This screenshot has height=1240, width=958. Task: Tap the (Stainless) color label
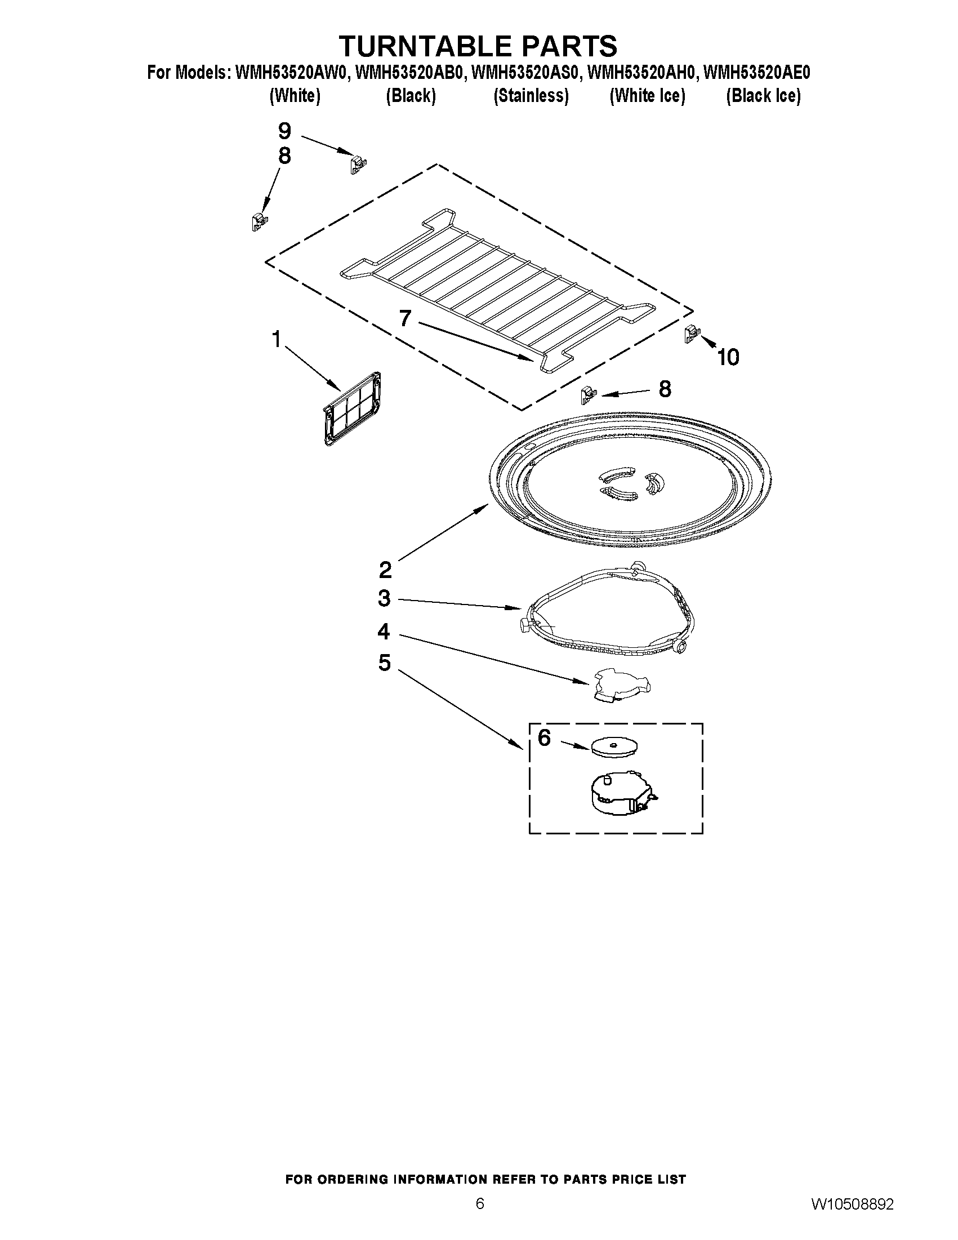tap(531, 96)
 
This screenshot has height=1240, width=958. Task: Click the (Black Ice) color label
tap(763, 96)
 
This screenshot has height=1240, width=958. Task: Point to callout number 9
tap(284, 131)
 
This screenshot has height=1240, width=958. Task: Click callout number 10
tap(728, 357)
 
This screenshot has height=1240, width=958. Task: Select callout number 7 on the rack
tap(404, 318)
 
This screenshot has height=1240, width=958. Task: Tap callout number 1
tap(277, 340)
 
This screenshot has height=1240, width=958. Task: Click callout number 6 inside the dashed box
tap(543, 737)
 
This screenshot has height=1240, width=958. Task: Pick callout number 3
tap(384, 598)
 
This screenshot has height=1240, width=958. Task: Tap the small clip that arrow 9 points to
tap(357, 164)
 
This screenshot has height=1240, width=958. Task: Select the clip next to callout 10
tap(690, 334)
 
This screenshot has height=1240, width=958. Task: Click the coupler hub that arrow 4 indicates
tap(620, 685)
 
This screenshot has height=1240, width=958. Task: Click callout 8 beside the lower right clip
tap(664, 389)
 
